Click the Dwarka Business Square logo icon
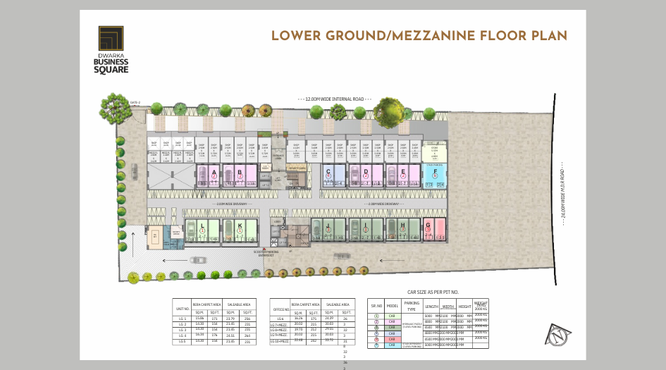111,38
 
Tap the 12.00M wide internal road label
335,99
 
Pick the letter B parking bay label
240,171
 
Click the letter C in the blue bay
328,171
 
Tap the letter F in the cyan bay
436,171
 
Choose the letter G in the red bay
428,225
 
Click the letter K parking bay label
240,225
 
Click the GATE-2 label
135,103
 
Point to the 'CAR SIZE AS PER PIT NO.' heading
433,292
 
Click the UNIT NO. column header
183,307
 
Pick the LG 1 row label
182,319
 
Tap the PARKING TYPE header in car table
411,306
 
